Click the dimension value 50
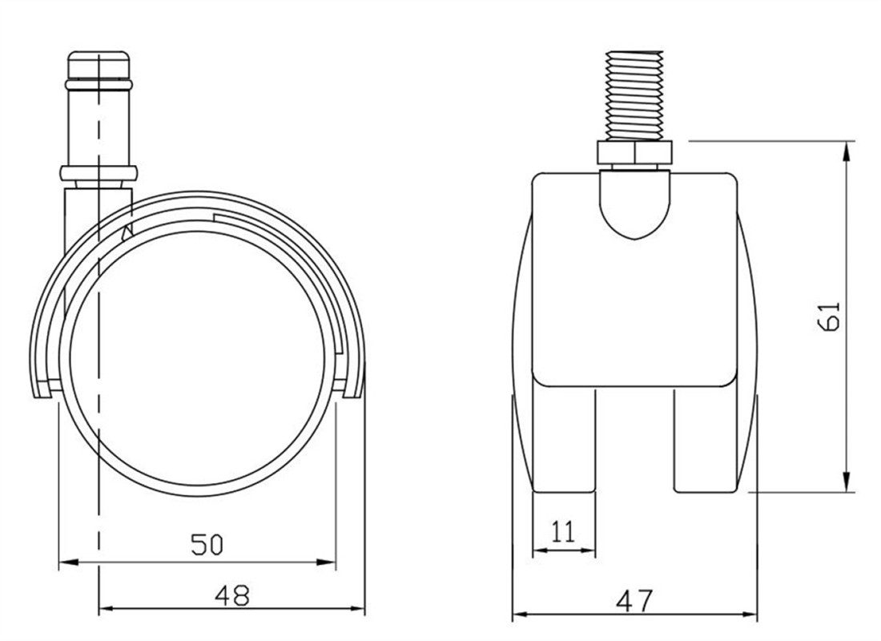(x=207, y=544)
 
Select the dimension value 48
(x=232, y=595)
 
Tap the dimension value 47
(x=635, y=600)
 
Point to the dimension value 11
(x=564, y=531)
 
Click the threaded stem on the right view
(x=634, y=95)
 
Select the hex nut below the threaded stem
(x=634, y=153)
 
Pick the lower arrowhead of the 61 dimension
(x=846, y=481)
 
